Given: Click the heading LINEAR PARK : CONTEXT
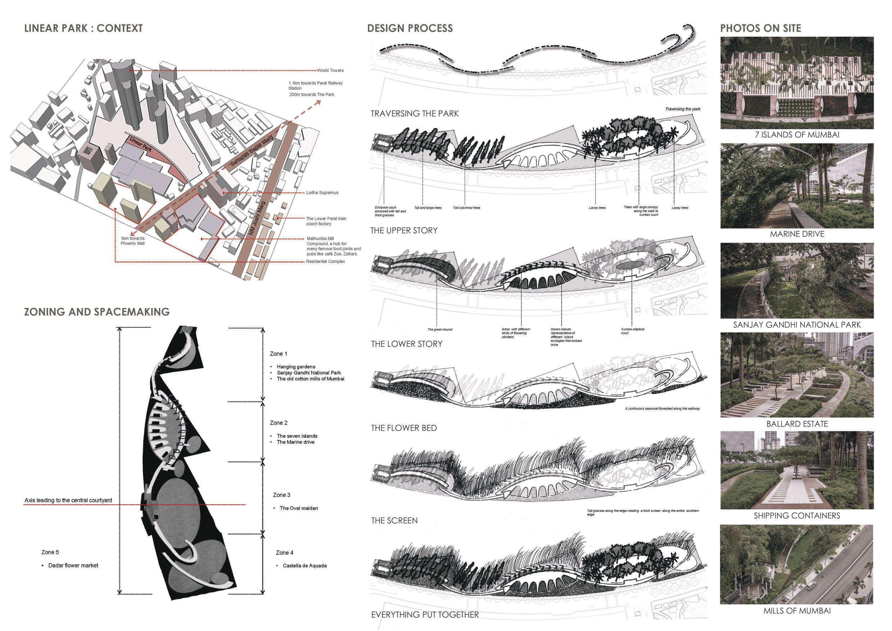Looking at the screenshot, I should click(83, 28).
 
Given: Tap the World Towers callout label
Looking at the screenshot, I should click(330, 70).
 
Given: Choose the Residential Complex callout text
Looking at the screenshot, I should click(325, 262).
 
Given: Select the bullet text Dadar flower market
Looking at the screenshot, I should click(73, 565).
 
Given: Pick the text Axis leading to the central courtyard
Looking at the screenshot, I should click(68, 500).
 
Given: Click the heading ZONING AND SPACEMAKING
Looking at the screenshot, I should click(97, 312).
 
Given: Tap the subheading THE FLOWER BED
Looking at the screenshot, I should click(404, 428).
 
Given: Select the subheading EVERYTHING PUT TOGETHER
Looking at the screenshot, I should click(425, 615).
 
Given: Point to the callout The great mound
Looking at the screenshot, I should click(440, 330).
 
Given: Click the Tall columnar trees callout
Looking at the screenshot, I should click(467, 208).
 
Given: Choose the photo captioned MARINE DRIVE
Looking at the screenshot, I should click(797, 186).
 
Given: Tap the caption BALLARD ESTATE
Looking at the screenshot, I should click(797, 424).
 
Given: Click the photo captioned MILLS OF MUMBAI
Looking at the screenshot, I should click(797, 564).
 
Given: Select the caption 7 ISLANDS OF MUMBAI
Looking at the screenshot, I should click(797, 135).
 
